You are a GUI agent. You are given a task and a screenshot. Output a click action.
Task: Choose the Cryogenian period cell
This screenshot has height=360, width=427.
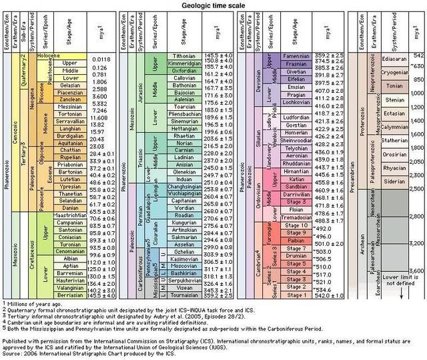pos(392,69)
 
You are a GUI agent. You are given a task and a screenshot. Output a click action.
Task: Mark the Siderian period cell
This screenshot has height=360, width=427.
pos(392,181)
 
